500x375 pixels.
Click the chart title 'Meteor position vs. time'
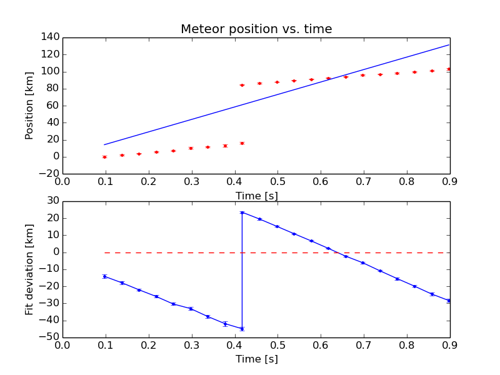pyautogui.click(x=256, y=29)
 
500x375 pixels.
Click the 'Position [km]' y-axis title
pyautogui.click(x=29, y=105)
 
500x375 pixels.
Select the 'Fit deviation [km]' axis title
pyautogui.click(x=29, y=270)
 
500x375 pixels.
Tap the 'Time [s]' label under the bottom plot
pyautogui.click(x=256, y=359)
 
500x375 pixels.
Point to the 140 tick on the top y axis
pyautogui.click(x=51, y=37)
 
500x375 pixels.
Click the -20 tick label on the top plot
pyautogui.click(x=51, y=174)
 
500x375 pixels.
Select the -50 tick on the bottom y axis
pyautogui.click(x=51, y=337)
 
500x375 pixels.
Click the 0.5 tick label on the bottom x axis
pyautogui.click(x=277, y=346)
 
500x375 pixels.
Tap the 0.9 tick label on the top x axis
pyautogui.click(x=450, y=182)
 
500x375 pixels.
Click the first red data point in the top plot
pyautogui.click(x=105, y=157)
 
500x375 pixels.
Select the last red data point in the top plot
pyautogui.click(x=449, y=69)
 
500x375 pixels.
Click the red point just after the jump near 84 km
pyautogui.click(x=242, y=85)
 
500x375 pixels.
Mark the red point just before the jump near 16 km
pyautogui.click(x=242, y=143)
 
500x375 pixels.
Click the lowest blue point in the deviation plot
pyautogui.click(x=242, y=329)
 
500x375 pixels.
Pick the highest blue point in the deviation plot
pyautogui.click(x=242, y=212)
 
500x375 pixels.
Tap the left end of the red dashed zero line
pyautogui.click(x=105, y=252)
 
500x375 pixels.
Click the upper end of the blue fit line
pyautogui.click(x=449, y=44)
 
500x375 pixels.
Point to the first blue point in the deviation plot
pyautogui.click(x=105, y=276)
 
